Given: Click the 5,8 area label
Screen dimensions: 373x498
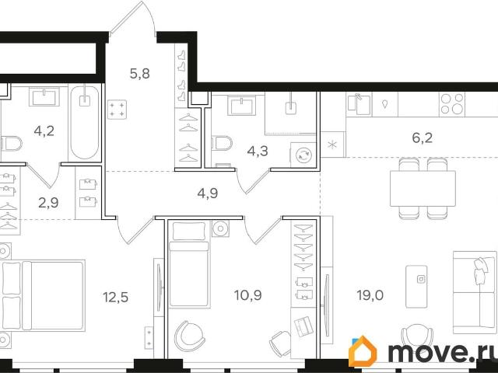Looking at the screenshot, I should [x=139, y=75].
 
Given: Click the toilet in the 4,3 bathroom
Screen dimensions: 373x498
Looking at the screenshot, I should [x=221, y=144].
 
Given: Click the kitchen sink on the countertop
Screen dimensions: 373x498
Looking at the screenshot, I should [x=360, y=103].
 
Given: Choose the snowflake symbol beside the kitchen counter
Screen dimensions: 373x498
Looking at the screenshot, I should [x=332, y=145].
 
